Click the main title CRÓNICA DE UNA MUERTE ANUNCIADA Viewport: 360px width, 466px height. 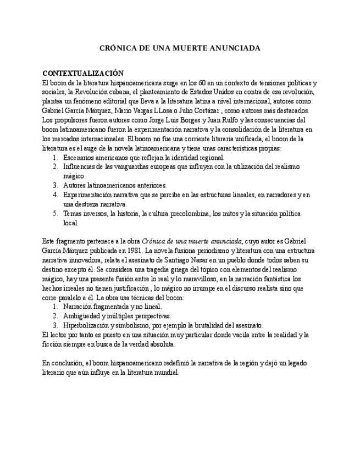click(180, 48)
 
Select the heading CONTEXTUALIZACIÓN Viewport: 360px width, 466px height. click(83, 74)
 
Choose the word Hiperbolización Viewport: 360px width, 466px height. click(88, 325)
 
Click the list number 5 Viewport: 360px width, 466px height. click(55, 214)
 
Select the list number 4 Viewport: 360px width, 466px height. click(55, 195)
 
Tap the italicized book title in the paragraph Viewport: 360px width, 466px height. click(192, 241)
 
